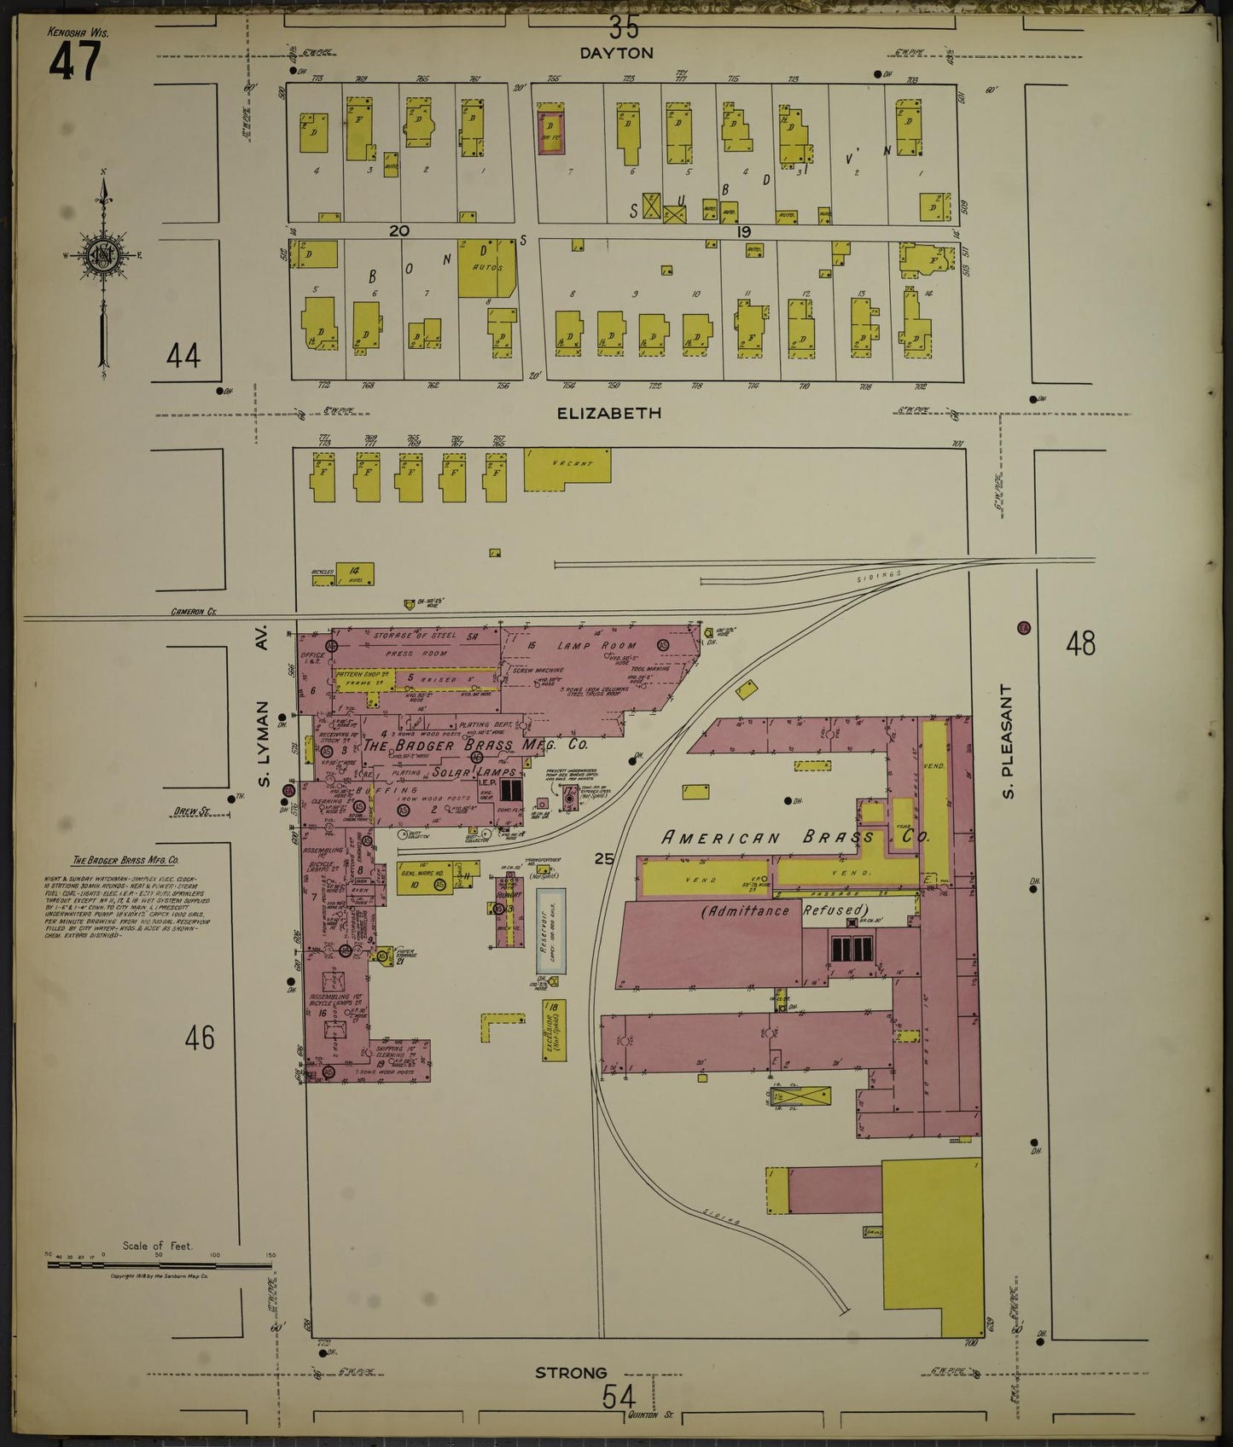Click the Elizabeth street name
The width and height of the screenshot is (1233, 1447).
click(x=608, y=413)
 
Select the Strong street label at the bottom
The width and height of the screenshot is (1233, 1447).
click(x=571, y=1373)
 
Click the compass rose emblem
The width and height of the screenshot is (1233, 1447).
click(x=102, y=255)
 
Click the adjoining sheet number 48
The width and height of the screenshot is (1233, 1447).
click(x=1079, y=643)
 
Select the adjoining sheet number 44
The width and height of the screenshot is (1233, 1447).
click(x=183, y=355)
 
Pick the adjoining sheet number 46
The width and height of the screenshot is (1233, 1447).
click(x=200, y=1037)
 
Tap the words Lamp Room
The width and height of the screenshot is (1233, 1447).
click(x=586, y=646)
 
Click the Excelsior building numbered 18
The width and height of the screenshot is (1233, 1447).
click(x=554, y=1031)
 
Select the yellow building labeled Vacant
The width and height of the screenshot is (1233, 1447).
click(x=567, y=470)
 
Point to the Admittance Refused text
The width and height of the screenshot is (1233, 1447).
click(x=783, y=911)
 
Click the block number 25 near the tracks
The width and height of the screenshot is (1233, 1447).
click(x=603, y=859)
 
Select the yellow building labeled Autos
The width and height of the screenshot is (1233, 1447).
click(x=486, y=268)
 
